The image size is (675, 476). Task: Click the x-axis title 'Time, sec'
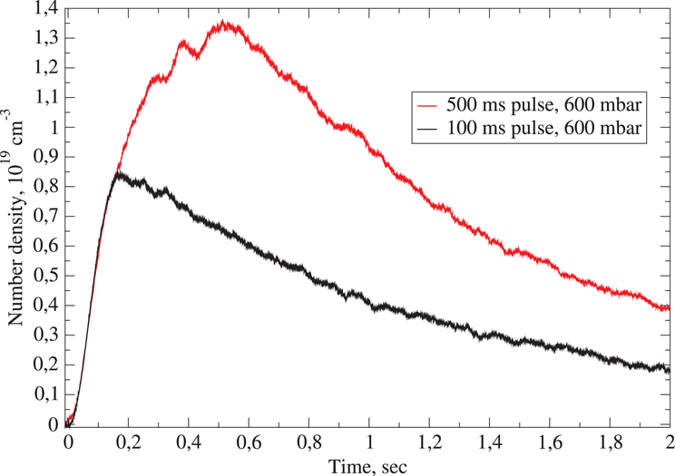coord(368,465)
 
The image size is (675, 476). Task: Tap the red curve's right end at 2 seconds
coord(669,308)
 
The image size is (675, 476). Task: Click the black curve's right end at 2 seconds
coord(669,368)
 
